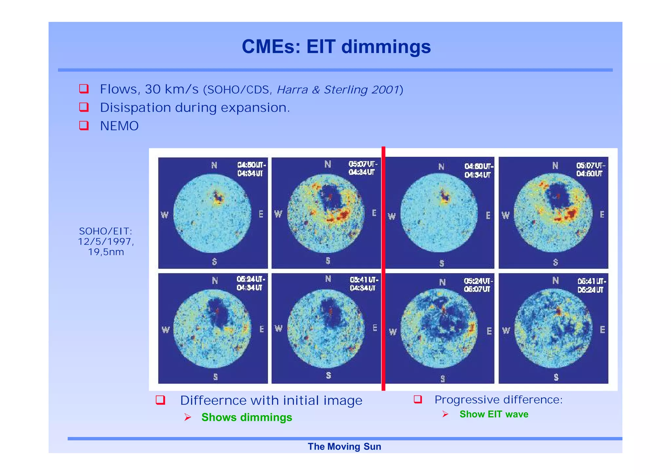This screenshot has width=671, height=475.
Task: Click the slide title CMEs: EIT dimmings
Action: (336, 47)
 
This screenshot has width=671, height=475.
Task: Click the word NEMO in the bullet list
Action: (119, 126)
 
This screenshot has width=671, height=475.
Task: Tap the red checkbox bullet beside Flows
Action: (84, 89)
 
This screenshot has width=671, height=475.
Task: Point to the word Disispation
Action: (135, 108)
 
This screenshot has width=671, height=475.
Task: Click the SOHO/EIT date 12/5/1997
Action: (105, 242)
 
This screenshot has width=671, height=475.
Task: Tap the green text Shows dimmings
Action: (246, 417)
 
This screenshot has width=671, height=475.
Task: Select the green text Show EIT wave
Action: (493, 414)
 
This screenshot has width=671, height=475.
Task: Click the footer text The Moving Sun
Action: (344, 446)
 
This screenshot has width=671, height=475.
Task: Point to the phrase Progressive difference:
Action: (498, 400)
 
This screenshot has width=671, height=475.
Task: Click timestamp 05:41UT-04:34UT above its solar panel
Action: (364, 284)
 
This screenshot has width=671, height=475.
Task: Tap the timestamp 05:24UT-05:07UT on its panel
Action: (478, 285)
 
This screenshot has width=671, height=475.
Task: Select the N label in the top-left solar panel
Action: (214, 165)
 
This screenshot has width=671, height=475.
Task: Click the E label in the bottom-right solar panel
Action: (602, 330)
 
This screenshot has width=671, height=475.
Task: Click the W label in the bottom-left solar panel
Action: (165, 330)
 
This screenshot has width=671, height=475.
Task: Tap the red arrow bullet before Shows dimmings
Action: (187, 417)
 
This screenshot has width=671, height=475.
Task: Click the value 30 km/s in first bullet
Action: (172, 89)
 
